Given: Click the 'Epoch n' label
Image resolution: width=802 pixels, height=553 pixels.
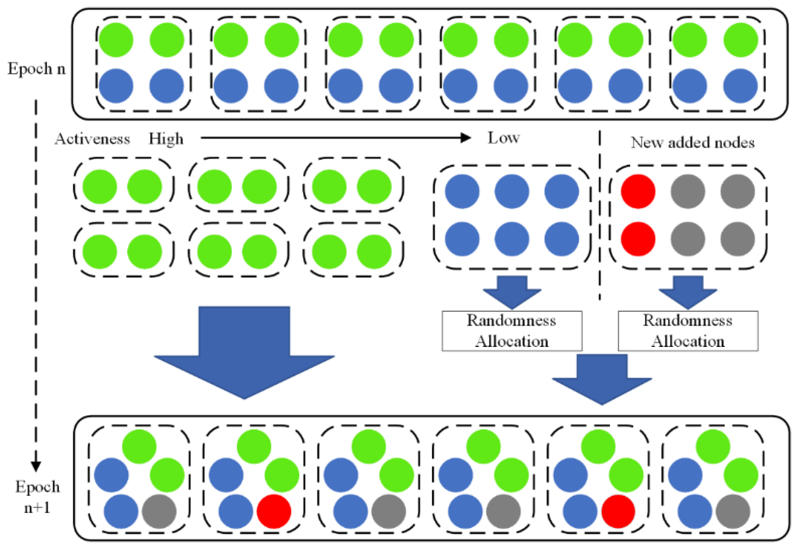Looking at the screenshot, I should pyautogui.click(x=36, y=69).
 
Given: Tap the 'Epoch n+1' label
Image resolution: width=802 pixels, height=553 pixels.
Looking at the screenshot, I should pyautogui.click(x=37, y=497).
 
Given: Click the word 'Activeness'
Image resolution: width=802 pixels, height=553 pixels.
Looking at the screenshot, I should pyautogui.click(x=92, y=139).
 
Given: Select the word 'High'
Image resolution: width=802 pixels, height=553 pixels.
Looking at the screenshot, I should pyautogui.click(x=166, y=139).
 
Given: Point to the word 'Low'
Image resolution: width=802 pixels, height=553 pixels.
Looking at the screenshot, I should pyautogui.click(x=503, y=138).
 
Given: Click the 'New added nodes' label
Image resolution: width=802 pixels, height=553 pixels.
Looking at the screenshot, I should pyautogui.click(x=692, y=142).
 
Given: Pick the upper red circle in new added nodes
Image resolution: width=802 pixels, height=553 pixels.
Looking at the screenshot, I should pyautogui.click(x=638, y=191).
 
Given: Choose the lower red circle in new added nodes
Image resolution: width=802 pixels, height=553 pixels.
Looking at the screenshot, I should pyautogui.click(x=638, y=239).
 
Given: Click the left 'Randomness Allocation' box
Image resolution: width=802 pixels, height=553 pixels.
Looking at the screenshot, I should pyautogui.click(x=512, y=331).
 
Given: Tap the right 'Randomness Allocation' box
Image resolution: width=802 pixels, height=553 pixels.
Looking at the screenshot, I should pyautogui.click(x=688, y=331).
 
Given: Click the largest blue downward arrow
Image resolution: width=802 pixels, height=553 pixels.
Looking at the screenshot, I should pyautogui.click(x=244, y=353).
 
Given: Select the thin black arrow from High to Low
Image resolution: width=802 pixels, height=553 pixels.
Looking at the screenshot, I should pyautogui.click(x=334, y=138).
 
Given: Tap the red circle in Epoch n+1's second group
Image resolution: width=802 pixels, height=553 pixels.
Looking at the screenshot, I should pyautogui.click(x=274, y=511).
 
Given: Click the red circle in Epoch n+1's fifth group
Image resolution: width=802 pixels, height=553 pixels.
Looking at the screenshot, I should pyautogui.click(x=618, y=511).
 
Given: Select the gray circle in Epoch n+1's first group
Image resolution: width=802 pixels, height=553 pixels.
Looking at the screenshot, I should pyautogui.click(x=159, y=511).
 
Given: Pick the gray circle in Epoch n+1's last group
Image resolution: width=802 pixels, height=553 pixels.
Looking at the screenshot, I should pyautogui.click(x=733, y=511).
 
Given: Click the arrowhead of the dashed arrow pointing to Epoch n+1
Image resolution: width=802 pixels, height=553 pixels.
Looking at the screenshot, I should pyautogui.click(x=36, y=466).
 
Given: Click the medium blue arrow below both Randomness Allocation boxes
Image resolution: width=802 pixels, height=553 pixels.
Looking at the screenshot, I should pyautogui.click(x=602, y=379).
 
